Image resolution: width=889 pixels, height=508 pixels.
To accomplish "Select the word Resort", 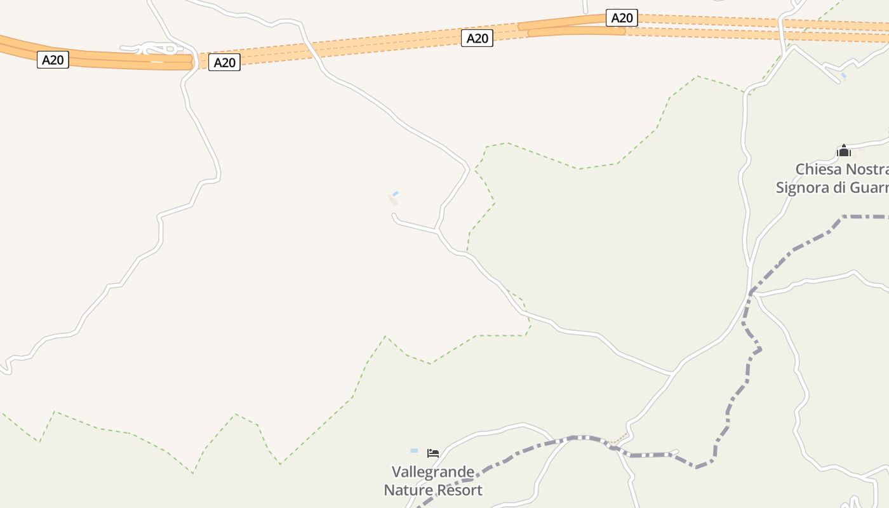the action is coord(458,490).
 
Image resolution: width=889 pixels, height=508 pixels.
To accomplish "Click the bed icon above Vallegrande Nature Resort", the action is coord(433,453).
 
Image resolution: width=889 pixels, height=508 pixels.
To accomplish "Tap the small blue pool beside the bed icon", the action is coord(414,451).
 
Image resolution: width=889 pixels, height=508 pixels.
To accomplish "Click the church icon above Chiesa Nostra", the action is coord(843,150).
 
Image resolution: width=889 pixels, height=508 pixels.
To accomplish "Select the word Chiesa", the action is coord(819,170).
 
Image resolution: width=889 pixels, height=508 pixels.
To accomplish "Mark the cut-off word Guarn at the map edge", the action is coord(871,188).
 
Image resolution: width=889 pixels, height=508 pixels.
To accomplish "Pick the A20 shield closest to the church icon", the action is coord(622,18).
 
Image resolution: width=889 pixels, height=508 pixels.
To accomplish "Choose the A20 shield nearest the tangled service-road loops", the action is coord(224,62).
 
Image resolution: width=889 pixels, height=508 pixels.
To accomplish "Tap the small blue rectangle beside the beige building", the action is coord(395,194).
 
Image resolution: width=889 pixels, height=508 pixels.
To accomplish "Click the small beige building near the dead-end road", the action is coord(393,201).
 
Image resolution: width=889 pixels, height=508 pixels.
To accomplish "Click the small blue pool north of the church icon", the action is coord(843,76).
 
